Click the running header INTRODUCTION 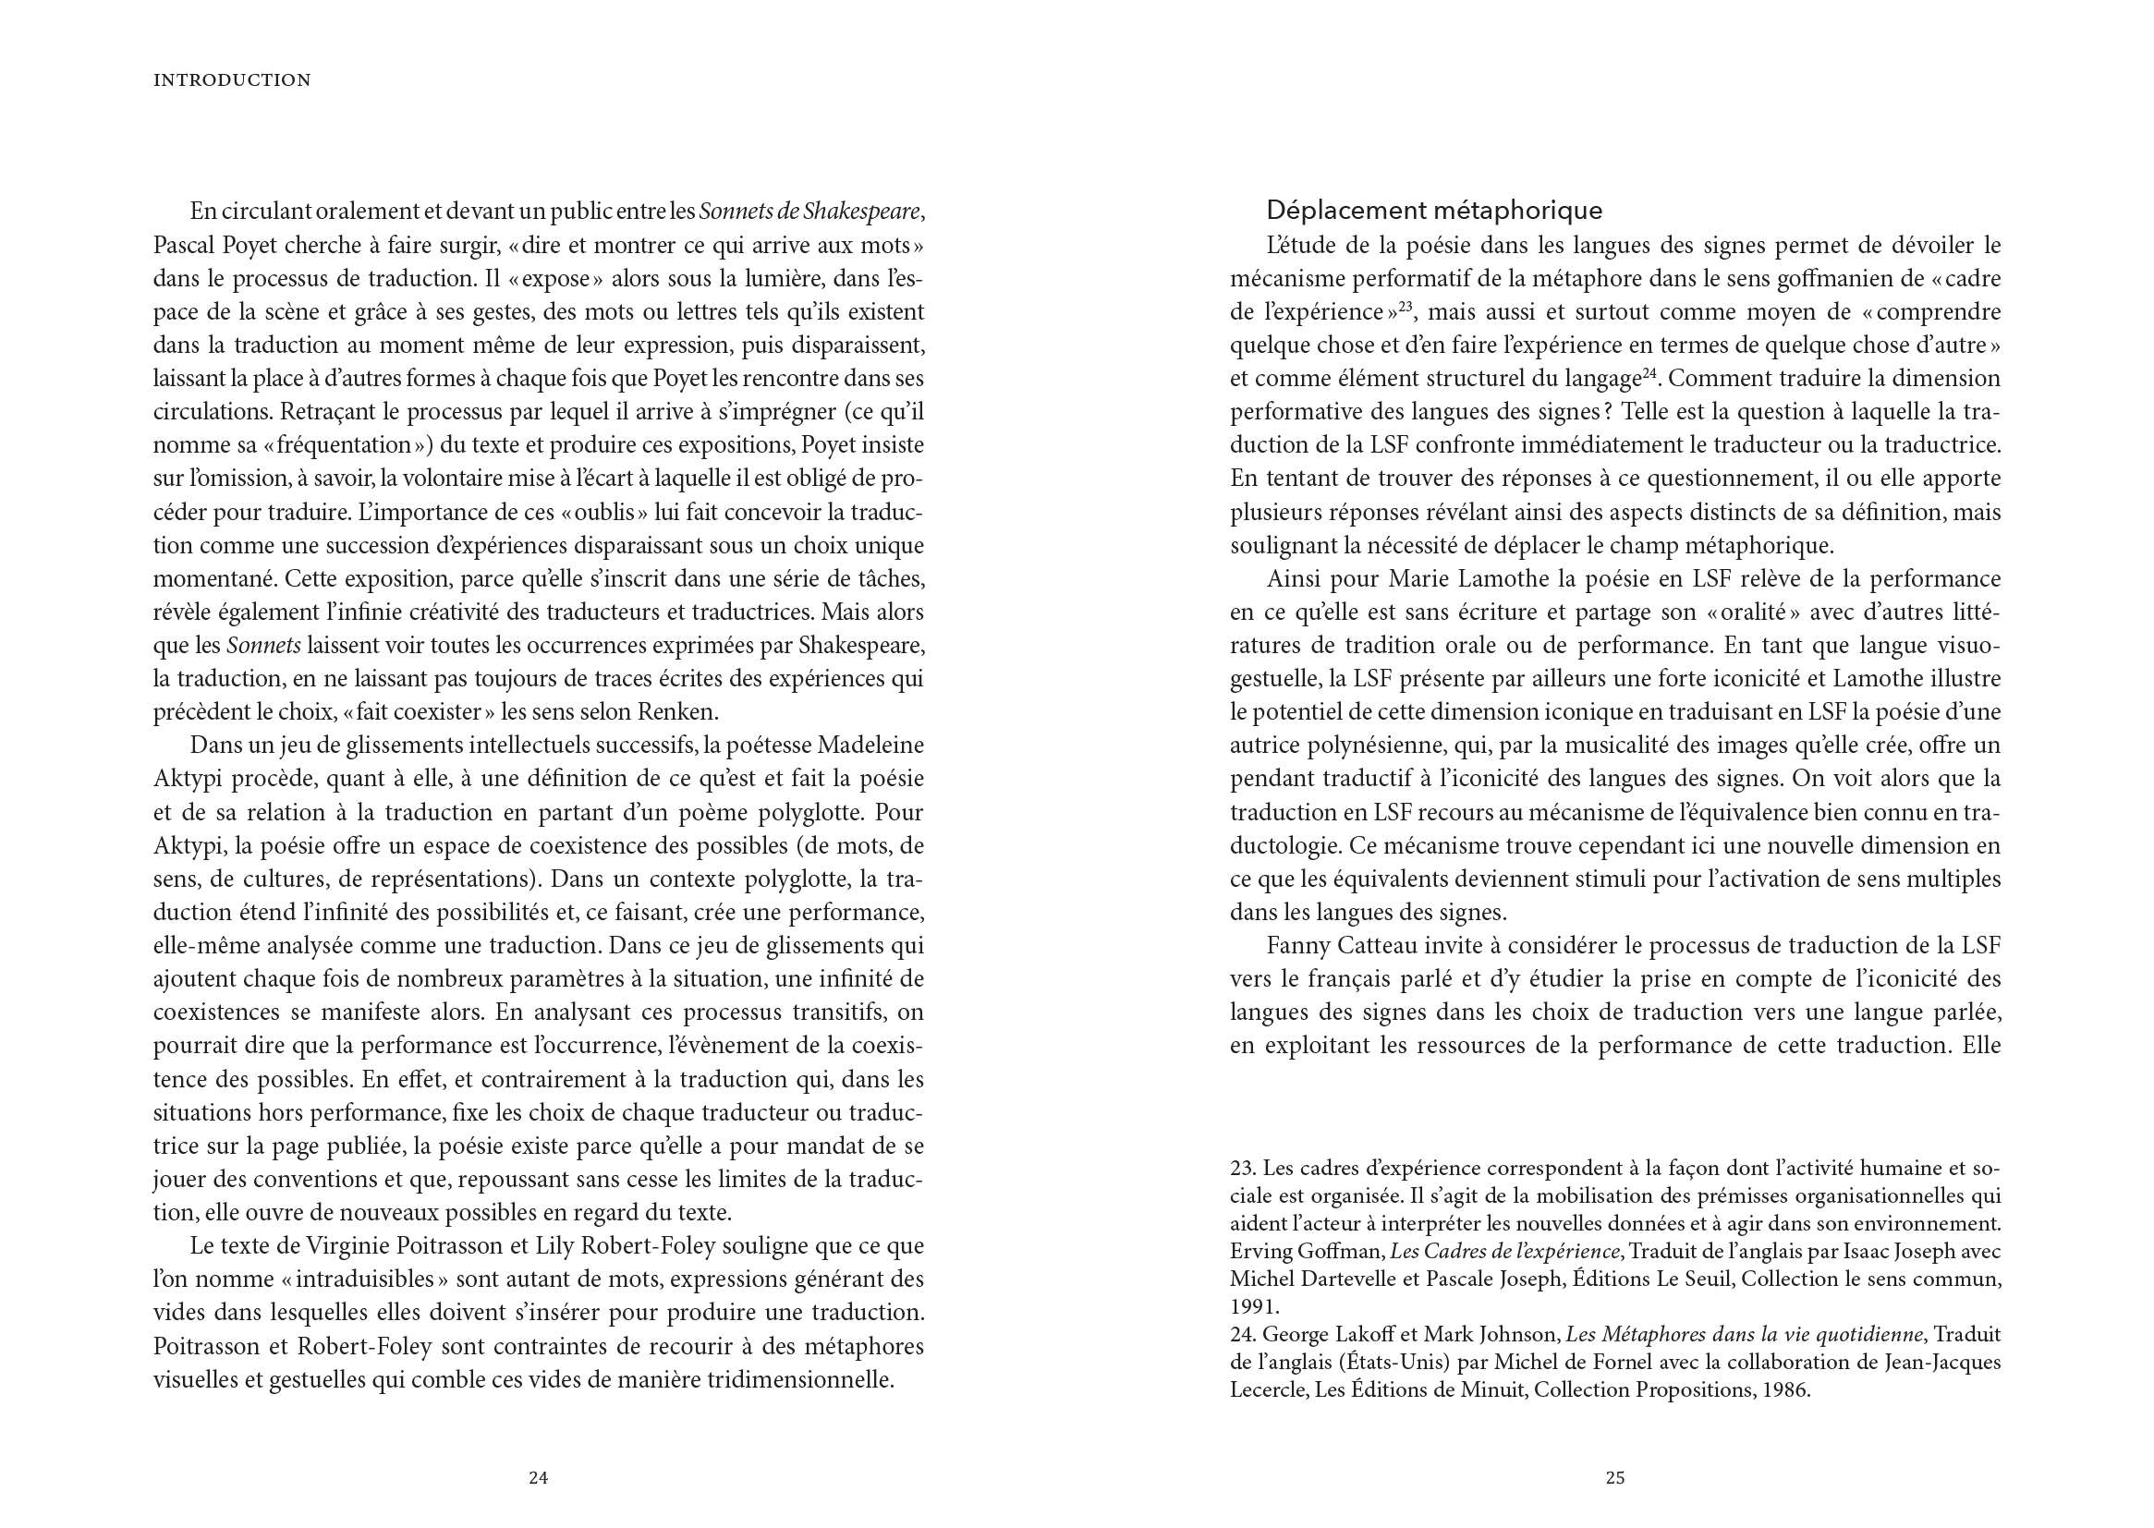click(x=232, y=81)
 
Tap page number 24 click(x=537, y=1477)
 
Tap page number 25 click(x=1614, y=1477)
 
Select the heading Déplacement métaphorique click(x=1434, y=210)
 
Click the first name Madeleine click(x=871, y=746)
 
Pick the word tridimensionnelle click(x=798, y=1380)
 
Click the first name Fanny click(x=1296, y=946)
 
